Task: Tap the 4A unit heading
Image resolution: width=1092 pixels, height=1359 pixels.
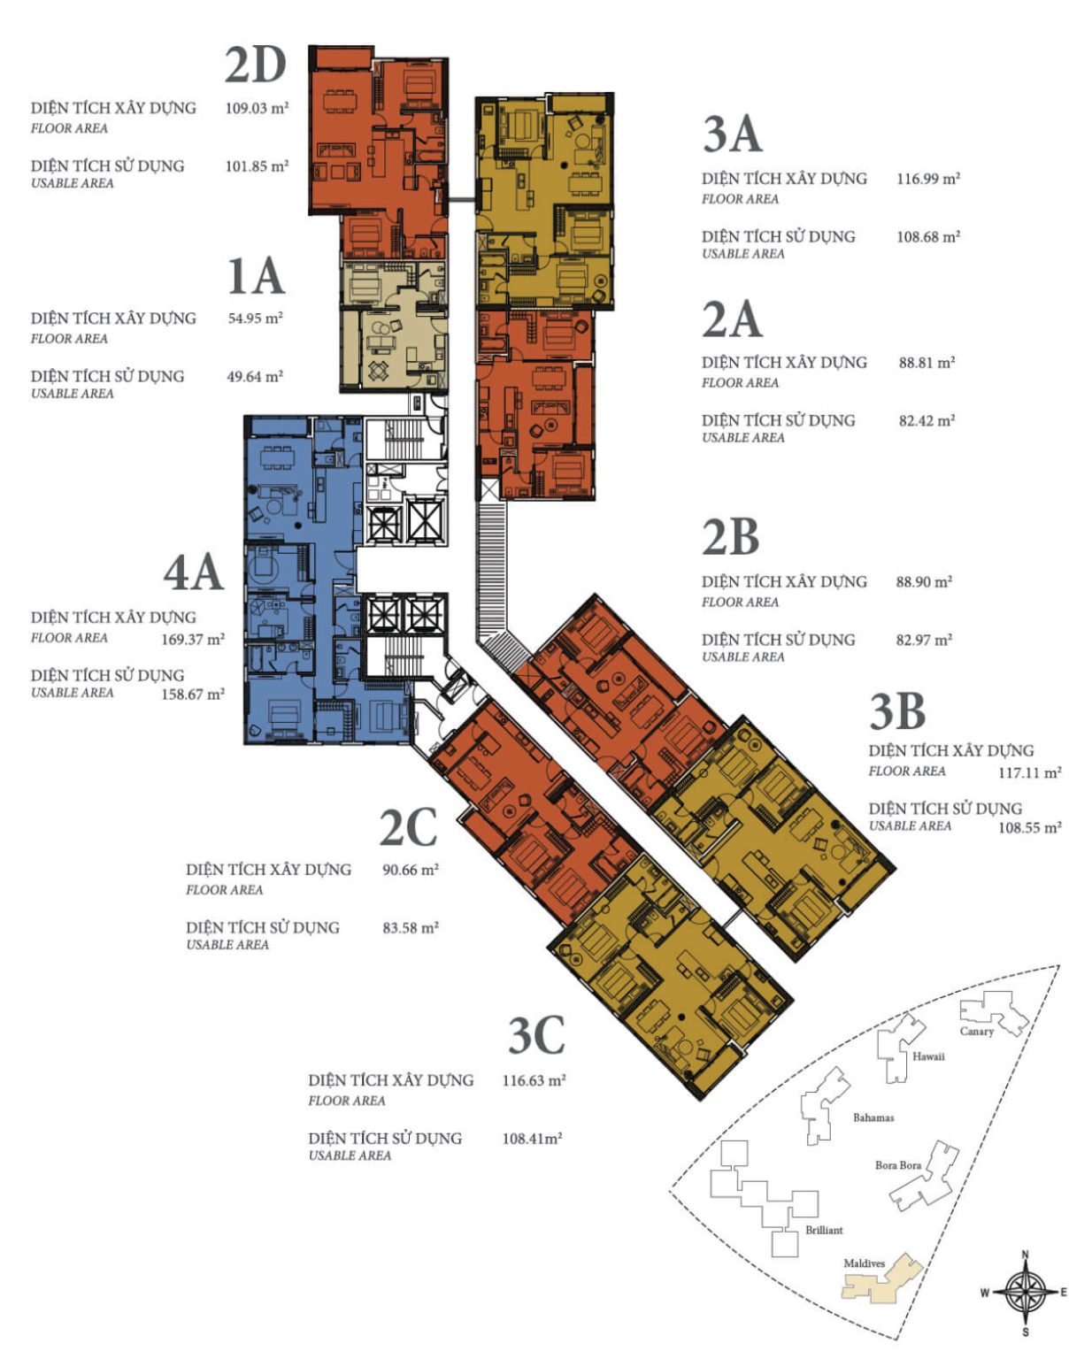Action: [193, 572]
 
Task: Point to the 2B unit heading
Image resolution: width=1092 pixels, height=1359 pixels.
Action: [731, 537]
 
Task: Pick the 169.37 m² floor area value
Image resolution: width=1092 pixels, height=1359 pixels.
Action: [193, 639]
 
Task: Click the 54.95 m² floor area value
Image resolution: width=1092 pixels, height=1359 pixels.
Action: [255, 318]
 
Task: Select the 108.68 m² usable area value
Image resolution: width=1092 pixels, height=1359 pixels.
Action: [928, 237]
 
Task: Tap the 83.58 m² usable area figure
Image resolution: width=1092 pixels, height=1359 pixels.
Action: [410, 928]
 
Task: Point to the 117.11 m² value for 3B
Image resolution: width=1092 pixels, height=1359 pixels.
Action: [1029, 772]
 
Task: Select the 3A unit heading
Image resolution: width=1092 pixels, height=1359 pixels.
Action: [732, 134]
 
